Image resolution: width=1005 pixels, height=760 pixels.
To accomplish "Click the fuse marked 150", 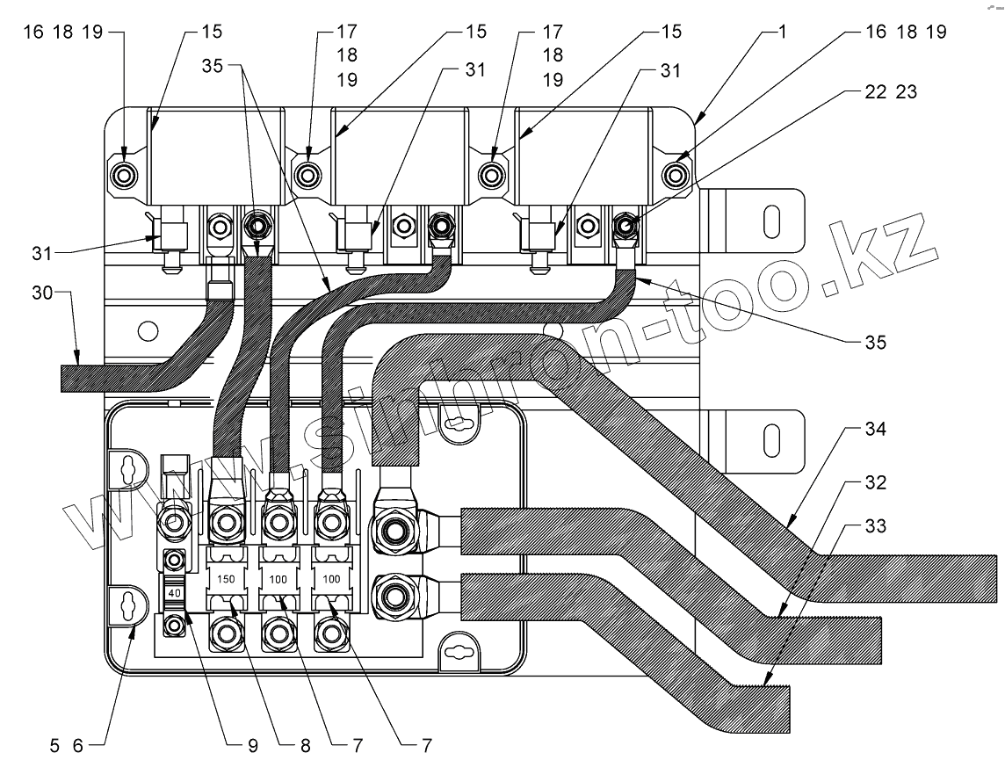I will click(226, 580).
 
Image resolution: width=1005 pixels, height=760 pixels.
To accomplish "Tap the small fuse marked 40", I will click(174, 593).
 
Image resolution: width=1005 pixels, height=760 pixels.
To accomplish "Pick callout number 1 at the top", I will click(782, 32).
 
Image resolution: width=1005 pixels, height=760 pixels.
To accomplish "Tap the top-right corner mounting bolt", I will click(676, 173).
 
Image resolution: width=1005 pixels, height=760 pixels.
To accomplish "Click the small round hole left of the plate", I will click(148, 331).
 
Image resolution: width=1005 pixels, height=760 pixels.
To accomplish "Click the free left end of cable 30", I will click(66, 378).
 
